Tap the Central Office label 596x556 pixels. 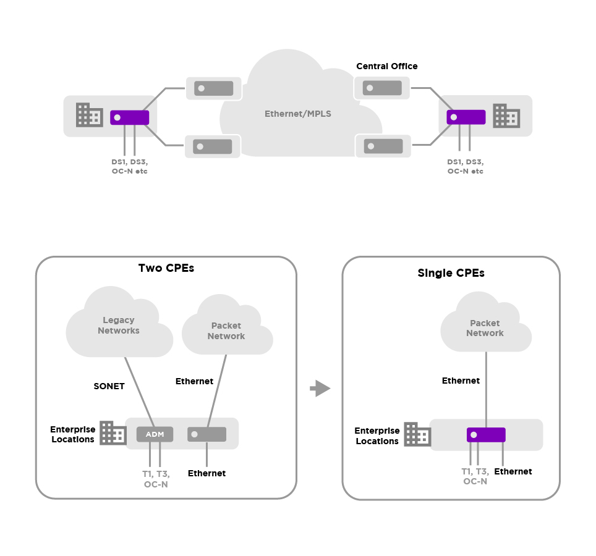[386, 66]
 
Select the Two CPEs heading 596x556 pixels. [166, 269]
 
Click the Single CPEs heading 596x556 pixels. [451, 273]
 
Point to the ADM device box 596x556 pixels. [155, 434]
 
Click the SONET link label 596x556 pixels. [109, 386]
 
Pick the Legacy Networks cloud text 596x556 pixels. [119, 326]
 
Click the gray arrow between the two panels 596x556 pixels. [320, 389]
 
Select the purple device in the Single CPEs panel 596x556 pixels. [486, 434]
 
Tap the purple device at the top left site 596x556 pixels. [129, 117]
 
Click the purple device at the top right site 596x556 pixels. [466, 117]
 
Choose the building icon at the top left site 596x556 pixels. [89, 115]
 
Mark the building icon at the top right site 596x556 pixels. [506, 116]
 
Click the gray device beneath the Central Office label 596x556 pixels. [381, 88]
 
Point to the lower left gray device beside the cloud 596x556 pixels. [212, 146]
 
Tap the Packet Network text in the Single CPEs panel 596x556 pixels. [485, 328]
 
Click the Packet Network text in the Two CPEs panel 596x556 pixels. [226, 331]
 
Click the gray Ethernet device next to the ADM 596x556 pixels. [206, 434]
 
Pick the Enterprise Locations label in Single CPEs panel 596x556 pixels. [377, 436]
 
